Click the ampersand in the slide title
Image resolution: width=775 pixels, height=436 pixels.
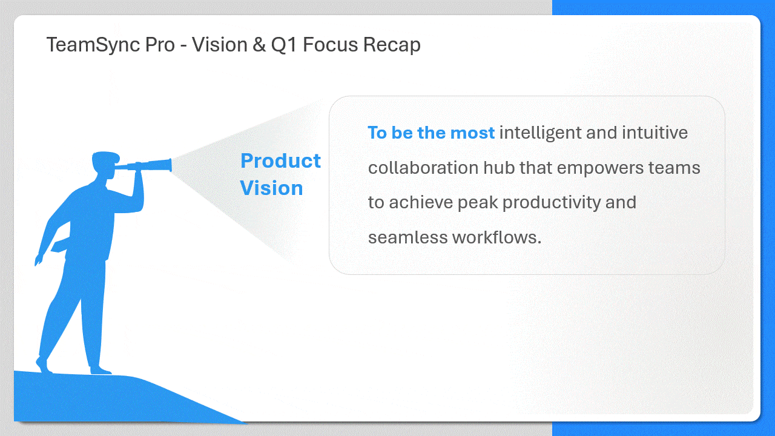click(259, 45)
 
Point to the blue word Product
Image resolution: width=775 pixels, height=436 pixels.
click(280, 161)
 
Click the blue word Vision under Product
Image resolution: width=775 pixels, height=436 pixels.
click(271, 188)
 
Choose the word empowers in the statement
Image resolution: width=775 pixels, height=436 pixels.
click(601, 167)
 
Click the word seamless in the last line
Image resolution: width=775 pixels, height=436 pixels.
click(407, 237)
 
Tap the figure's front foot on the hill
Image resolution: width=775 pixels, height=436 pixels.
click(101, 369)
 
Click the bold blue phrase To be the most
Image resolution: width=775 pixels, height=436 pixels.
click(431, 133)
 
